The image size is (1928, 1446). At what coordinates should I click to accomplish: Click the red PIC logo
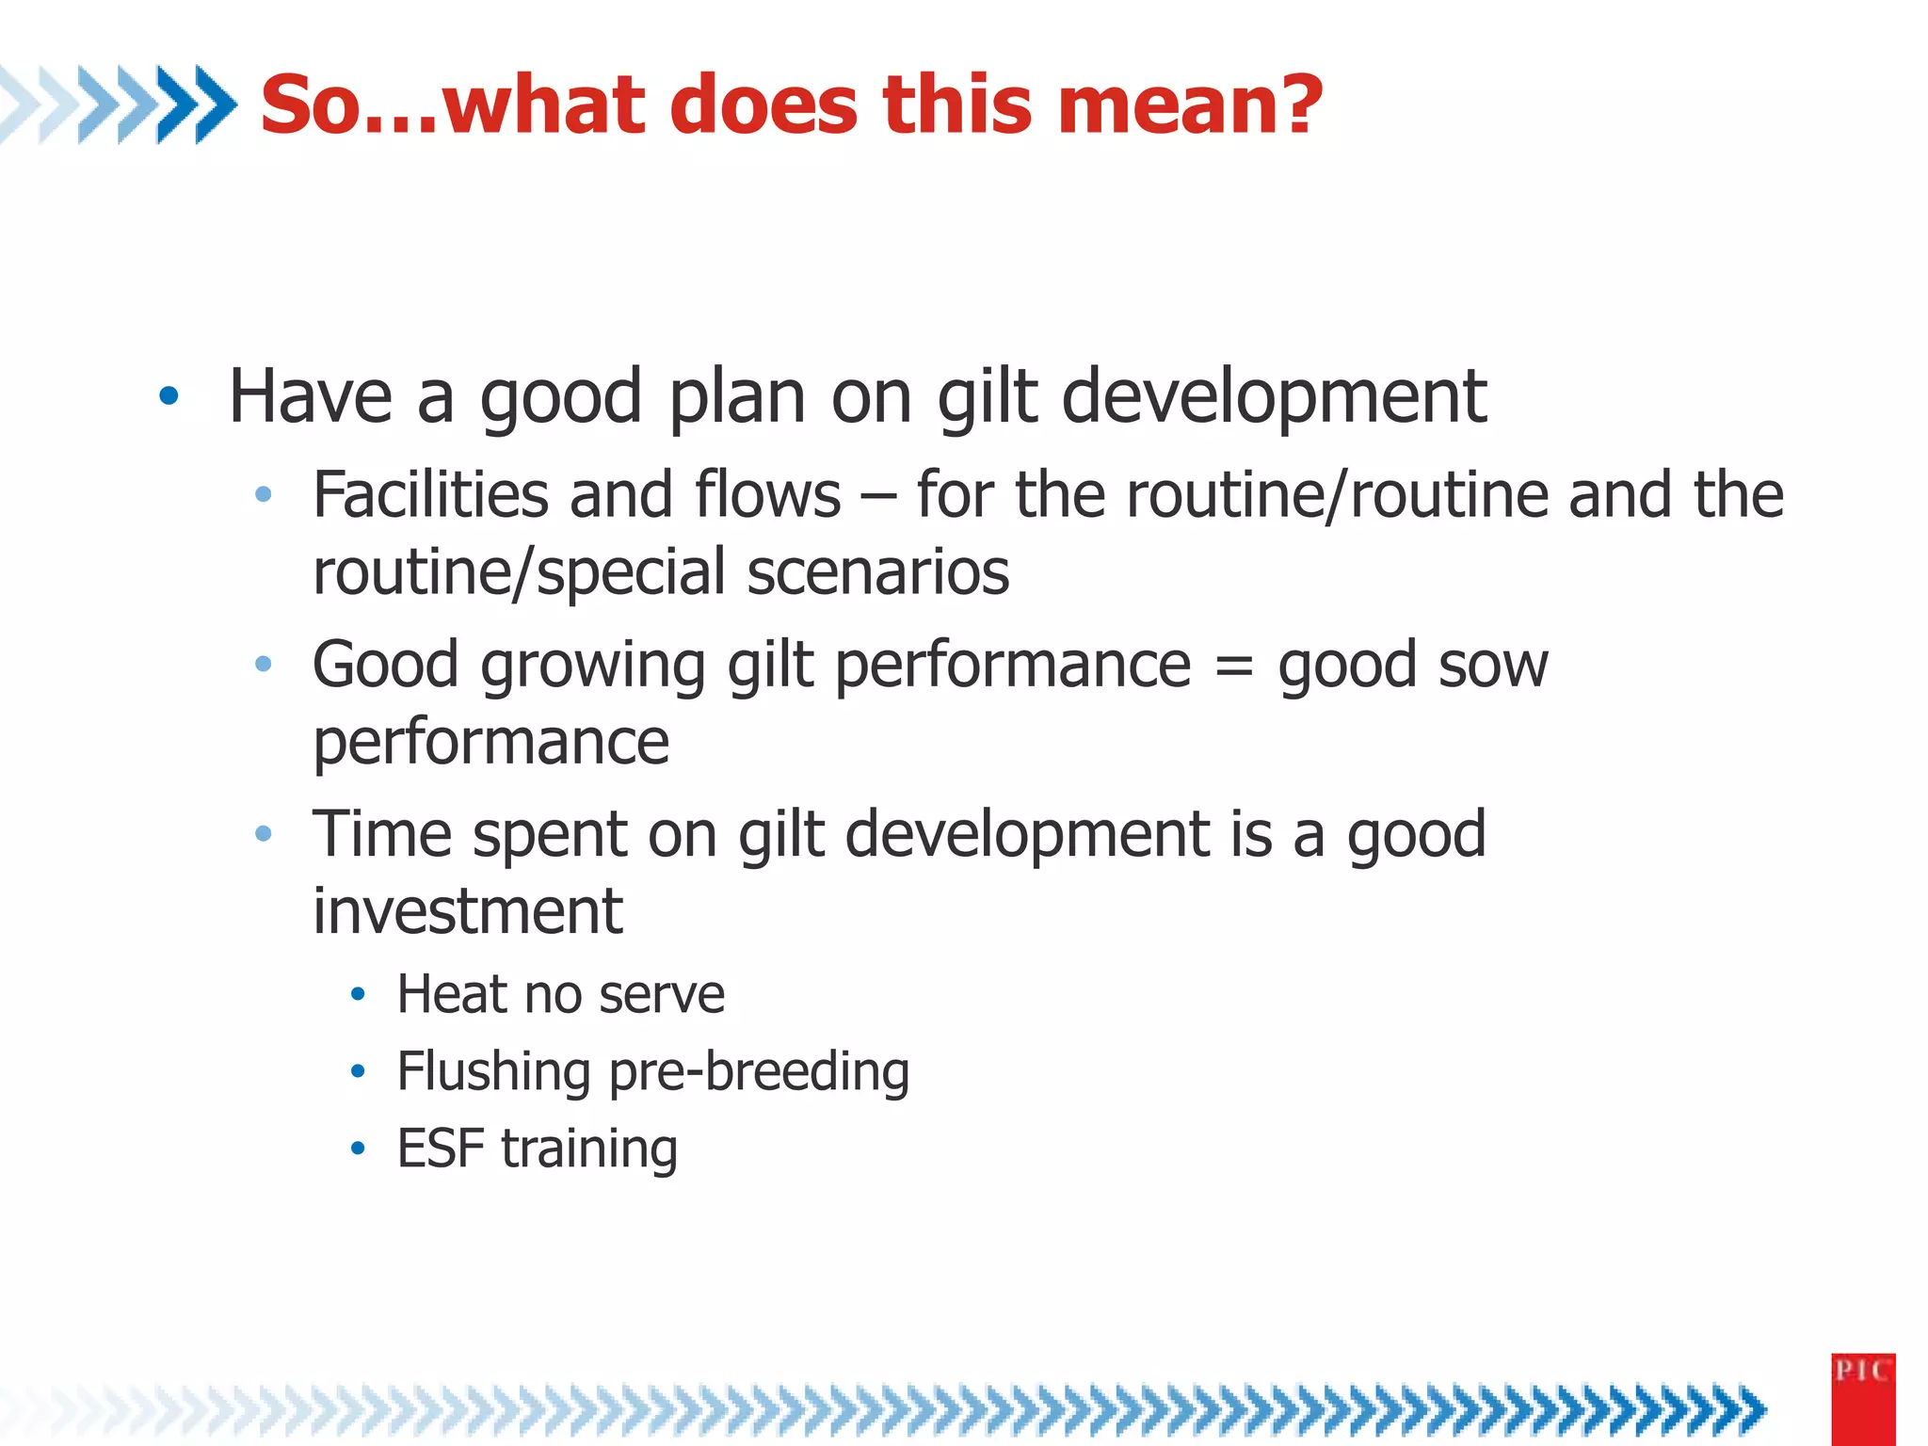[x=1862, y=1398]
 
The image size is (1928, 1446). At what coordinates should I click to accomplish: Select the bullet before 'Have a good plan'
[x=169, y=396]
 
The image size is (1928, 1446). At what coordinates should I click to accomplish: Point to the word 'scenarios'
[x=877, y=572]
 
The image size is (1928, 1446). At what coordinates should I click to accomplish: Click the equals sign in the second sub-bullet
[x=1234, y=667]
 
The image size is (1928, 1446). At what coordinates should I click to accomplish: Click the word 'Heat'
[x=451, y=995]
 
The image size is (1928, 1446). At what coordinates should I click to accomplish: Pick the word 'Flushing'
[x=493, y=1072]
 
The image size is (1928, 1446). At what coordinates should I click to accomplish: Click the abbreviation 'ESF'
[x=440, y=1149]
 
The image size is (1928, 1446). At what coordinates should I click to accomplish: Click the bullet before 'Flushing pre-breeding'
[x=357, y=1071]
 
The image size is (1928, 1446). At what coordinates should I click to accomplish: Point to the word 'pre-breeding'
[x=759, y=1073]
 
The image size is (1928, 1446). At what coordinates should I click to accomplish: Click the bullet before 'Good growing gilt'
[x=264, y=665]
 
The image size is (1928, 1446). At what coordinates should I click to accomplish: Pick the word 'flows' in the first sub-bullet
[x=767, y=495]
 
